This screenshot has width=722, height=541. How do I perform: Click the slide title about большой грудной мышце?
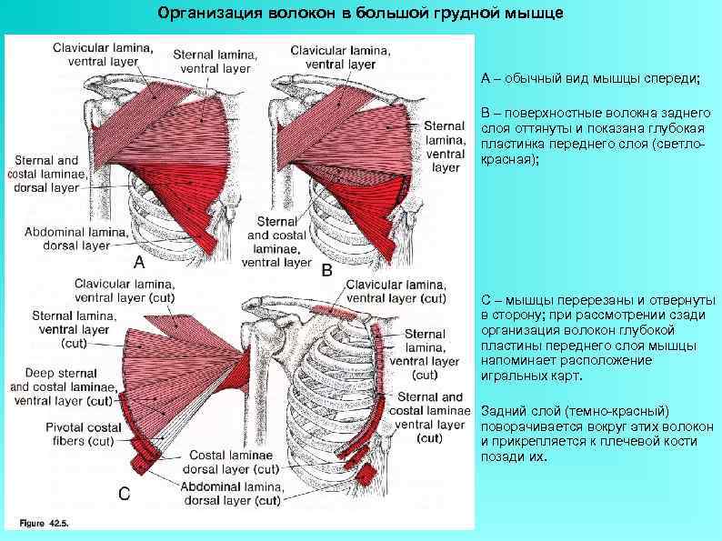point(360,15)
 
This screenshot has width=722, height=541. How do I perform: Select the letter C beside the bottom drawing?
point(125,493)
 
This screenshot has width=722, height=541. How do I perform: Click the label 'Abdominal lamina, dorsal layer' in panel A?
point(68,238)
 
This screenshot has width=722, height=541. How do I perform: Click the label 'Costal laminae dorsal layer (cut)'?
point(234,462)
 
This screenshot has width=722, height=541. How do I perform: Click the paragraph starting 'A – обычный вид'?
point(591,79)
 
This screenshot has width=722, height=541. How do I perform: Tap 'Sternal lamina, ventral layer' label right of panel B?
point(445,145)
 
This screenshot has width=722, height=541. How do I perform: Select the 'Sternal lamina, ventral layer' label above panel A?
point(216,60)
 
